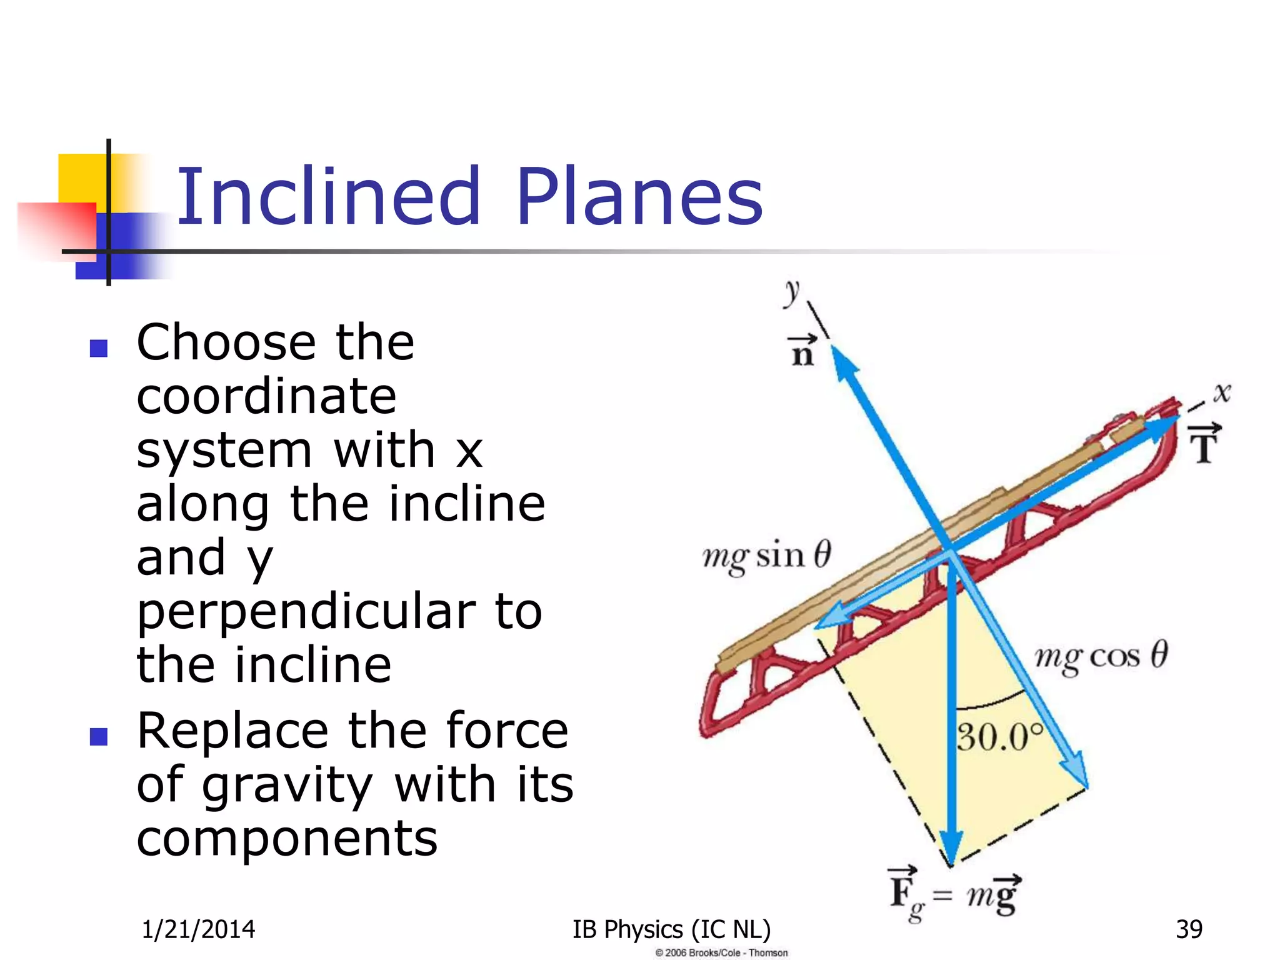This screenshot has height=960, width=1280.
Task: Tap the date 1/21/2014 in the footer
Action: coord(198,929)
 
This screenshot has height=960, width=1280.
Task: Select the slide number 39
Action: coord(1189,929)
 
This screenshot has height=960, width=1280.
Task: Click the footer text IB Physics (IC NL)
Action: coord(671,929)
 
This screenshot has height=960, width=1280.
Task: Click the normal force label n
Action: coord(802,352)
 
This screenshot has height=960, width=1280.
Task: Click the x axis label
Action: coord(1222,392)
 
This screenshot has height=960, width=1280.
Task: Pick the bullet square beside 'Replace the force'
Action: coord(99,737)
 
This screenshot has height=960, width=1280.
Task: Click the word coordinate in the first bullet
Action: coord(266,396)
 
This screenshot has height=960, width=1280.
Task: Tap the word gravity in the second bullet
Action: coord(287,786)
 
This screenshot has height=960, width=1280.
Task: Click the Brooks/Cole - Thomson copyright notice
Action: coord(721,952)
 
